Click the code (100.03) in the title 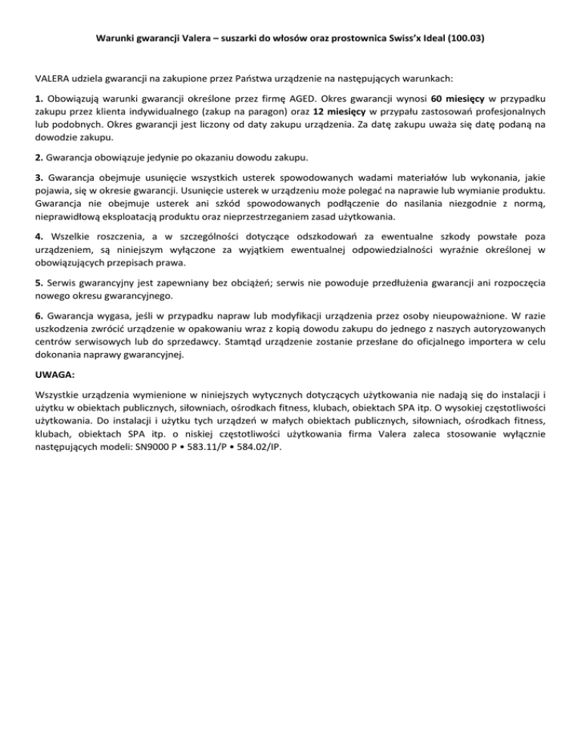tap(463, 37)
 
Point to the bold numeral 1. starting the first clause tap(39, 98)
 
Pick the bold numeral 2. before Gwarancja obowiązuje tap(39, 158)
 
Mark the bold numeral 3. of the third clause tap(39, 178)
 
